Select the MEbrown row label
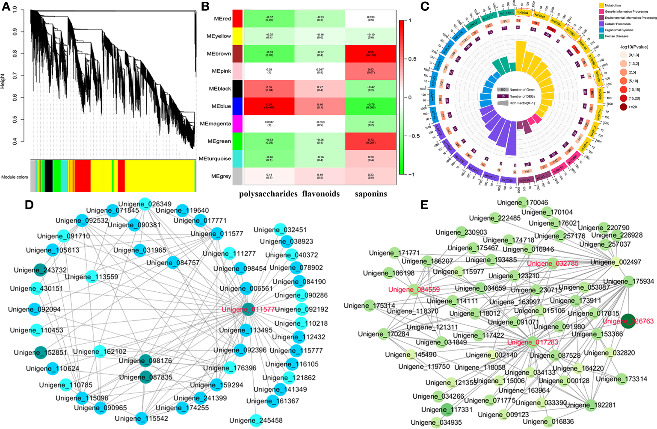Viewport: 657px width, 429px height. (x=219, y=54)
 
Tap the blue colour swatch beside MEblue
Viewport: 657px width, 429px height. (x=237, y=106)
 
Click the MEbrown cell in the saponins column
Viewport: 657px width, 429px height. (x=370, y=54)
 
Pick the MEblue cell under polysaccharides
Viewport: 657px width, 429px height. (x=269, y=106)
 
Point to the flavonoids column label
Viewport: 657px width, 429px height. (x=321, y=194)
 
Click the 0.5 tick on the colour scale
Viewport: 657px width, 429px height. (x=411, y=59)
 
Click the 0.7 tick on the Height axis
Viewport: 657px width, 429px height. (x=15, y=76)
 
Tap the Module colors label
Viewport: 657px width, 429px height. (x=15, y=177)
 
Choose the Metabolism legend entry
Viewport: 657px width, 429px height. (x=613, y=6)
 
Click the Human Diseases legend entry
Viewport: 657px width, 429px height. (x=616, y=36)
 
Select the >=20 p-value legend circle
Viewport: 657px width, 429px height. (x=623, y=107)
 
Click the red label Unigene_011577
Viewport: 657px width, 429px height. (x=248, y=309)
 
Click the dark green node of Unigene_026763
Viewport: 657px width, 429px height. (x=628, y=321)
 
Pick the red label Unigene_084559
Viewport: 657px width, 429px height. (x=414, y=290)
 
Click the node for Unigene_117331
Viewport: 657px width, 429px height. (x=447, y=409)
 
